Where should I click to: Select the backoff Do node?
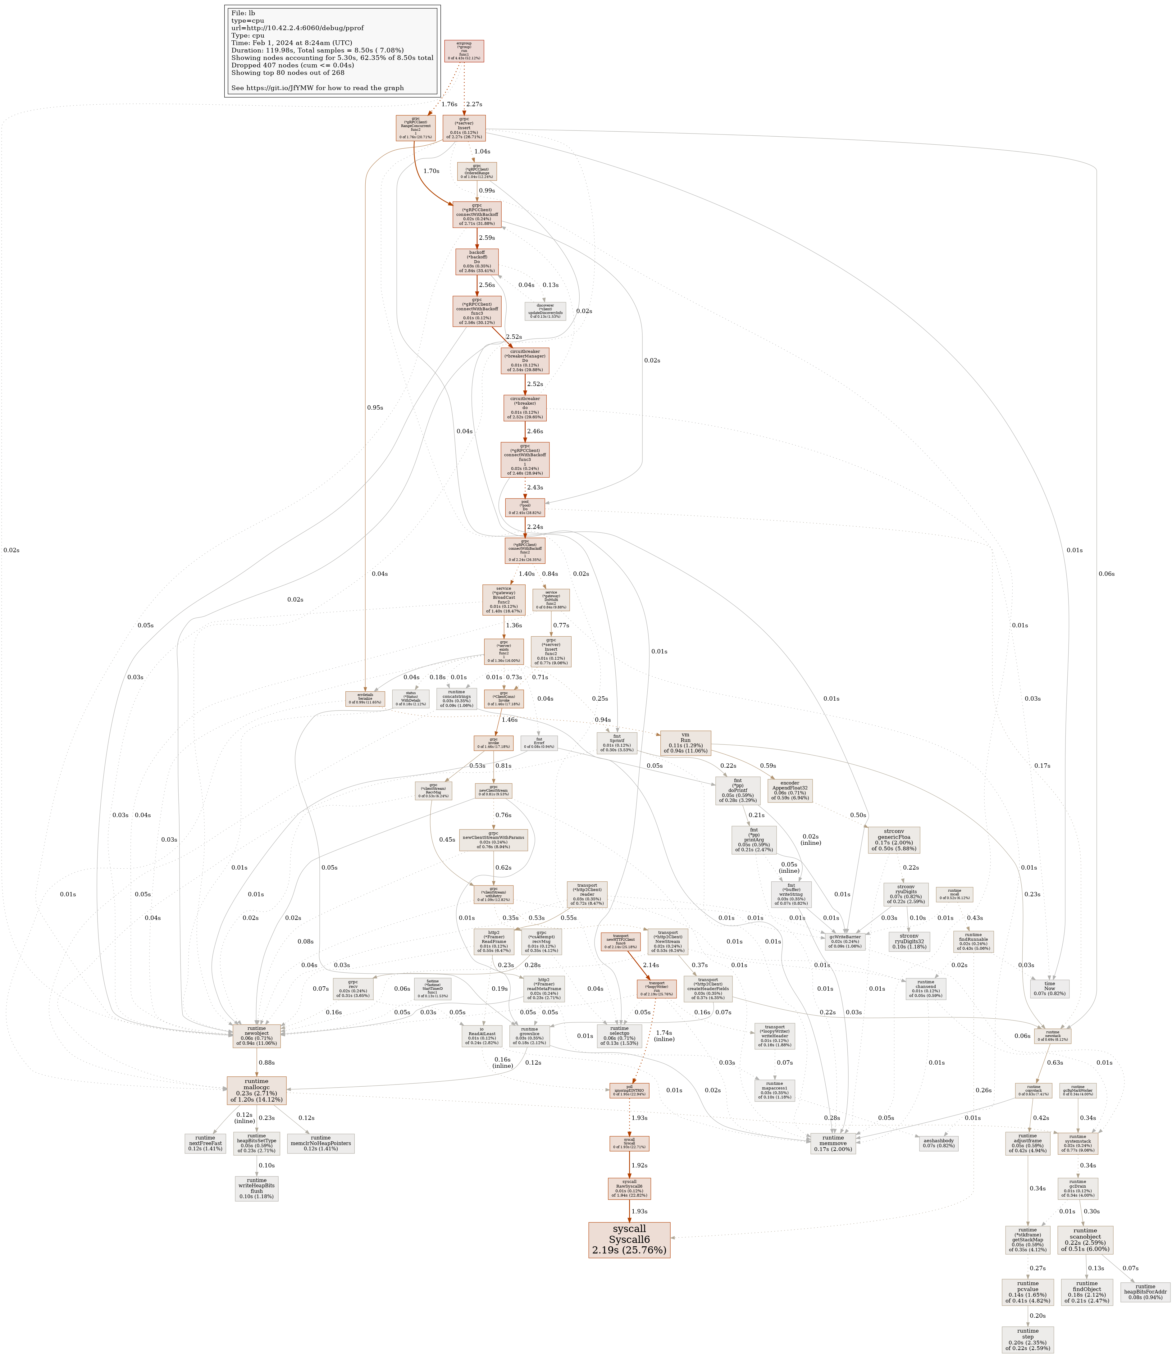(x=477, y=261)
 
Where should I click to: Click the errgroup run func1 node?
(x=464, y=51)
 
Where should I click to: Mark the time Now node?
(x=1049, y=989)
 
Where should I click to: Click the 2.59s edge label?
(x=486, y=238)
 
